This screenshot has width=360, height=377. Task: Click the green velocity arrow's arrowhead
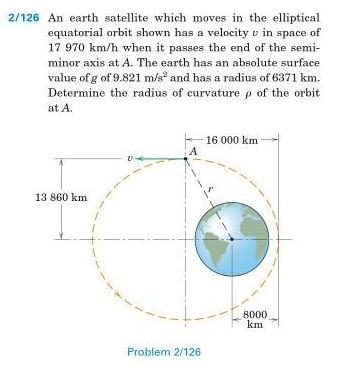click(x=142, y=158)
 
